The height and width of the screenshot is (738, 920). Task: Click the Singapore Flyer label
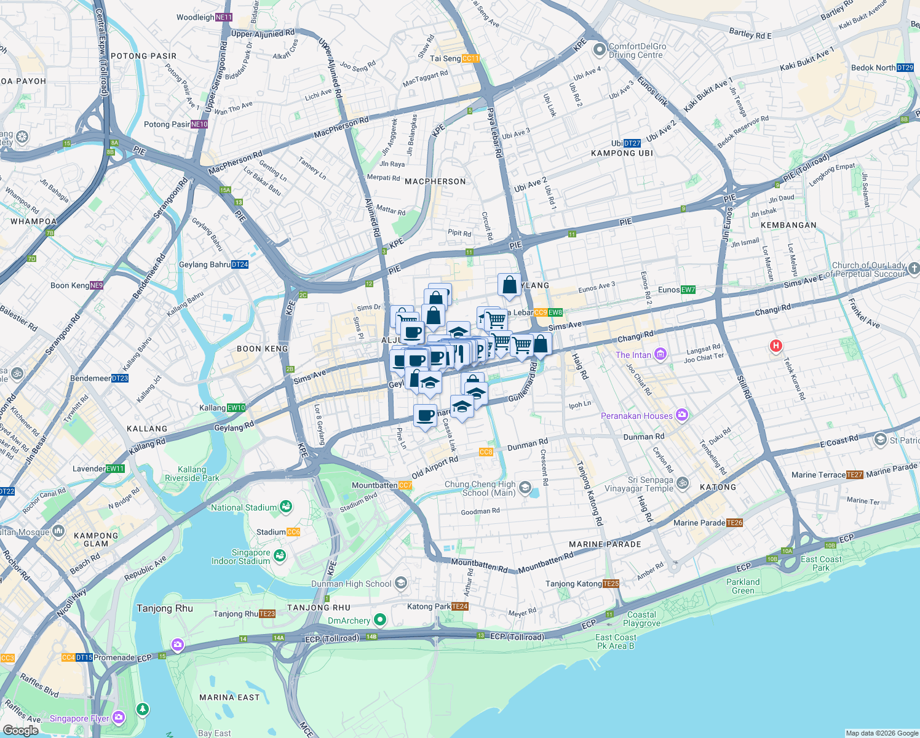[x=79, y=718]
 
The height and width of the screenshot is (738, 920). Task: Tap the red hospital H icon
[x=775, y=346]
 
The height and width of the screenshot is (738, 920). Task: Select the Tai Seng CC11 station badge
[x=470, y=58]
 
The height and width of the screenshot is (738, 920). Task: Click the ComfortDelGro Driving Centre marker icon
[x=598, y=49]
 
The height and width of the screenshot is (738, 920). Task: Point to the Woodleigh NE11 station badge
[x=224, y=17]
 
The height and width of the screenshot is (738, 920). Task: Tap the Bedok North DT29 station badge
[x=905, y=68]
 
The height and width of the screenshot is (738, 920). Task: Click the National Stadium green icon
[x=285, y=507]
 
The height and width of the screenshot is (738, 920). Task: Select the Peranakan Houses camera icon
[x=681, y=415]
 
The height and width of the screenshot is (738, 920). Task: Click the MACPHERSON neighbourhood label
[x=435, y=181]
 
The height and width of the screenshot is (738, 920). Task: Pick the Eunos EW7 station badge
[x=688, y=290]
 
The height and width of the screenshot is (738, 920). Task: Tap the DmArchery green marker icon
[x=380, y=620]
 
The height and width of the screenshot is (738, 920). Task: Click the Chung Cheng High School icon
[x=525, y=488]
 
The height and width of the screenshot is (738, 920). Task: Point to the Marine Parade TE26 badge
[x=734, y=523]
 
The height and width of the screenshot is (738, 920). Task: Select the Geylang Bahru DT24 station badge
[x=240, y=264]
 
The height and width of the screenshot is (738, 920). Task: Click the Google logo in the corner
[x=20, y=730]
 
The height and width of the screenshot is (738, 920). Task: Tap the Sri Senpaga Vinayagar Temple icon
[x=683, y=484]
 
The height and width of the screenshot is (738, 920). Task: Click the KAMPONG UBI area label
[x=622, y=153]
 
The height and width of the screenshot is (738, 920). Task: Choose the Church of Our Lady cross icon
[x=913, y=268]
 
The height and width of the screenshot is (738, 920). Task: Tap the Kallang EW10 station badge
[x=237, y=408]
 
